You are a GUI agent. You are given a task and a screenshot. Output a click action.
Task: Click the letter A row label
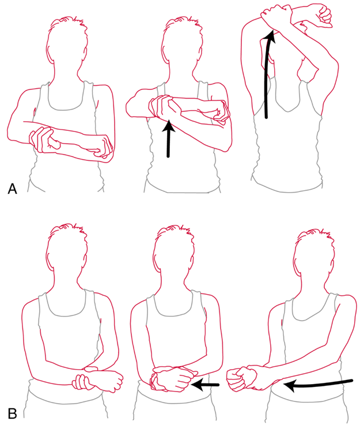pyautogui.click(x=12, y=189)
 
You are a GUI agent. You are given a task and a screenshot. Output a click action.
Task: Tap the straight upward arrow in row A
pyautogui.click(x=168, y=138)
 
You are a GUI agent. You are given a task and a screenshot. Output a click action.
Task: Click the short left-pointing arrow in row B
pyautogui.click(x=205, y=384)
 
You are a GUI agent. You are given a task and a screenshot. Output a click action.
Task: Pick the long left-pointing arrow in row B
pyautogui.click(x=318, y=385)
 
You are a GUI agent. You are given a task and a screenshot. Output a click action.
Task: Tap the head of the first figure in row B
pyautogui.click(x=67, y=252)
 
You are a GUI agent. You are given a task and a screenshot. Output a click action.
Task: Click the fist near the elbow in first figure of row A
pyautogui.click(x=103, y=148)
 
